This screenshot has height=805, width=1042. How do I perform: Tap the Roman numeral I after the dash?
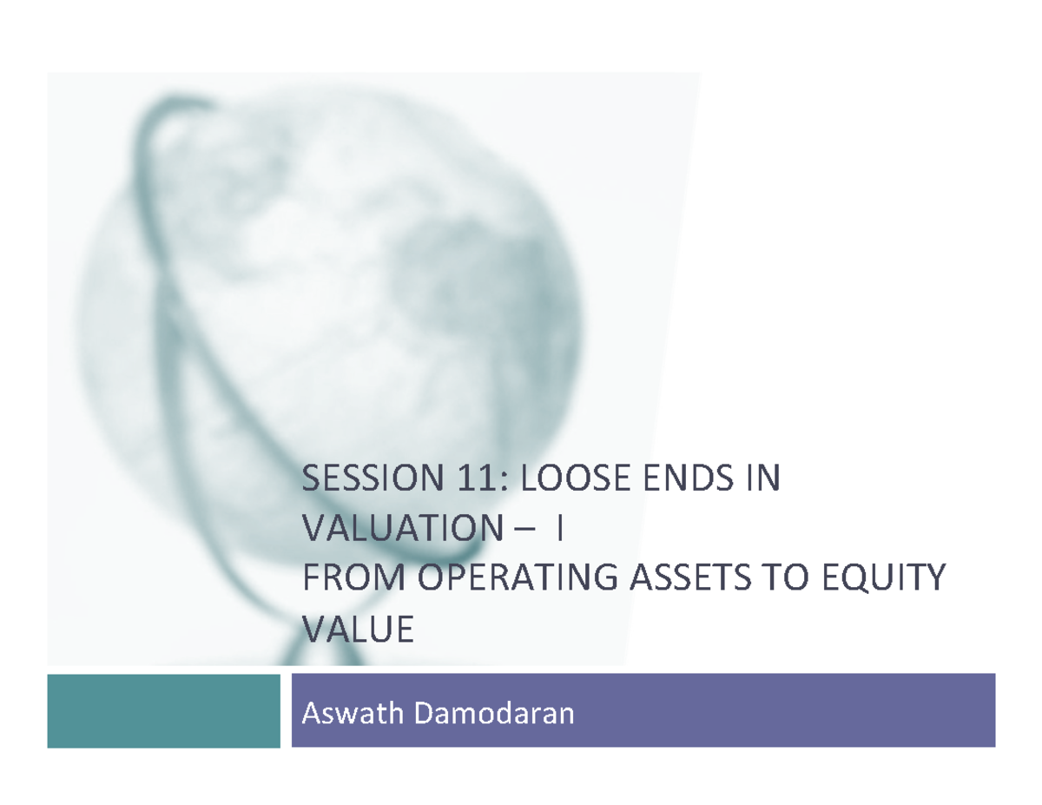562,529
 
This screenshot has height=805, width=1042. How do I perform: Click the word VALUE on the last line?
357,629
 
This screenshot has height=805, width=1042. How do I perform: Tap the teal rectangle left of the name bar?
163,710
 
